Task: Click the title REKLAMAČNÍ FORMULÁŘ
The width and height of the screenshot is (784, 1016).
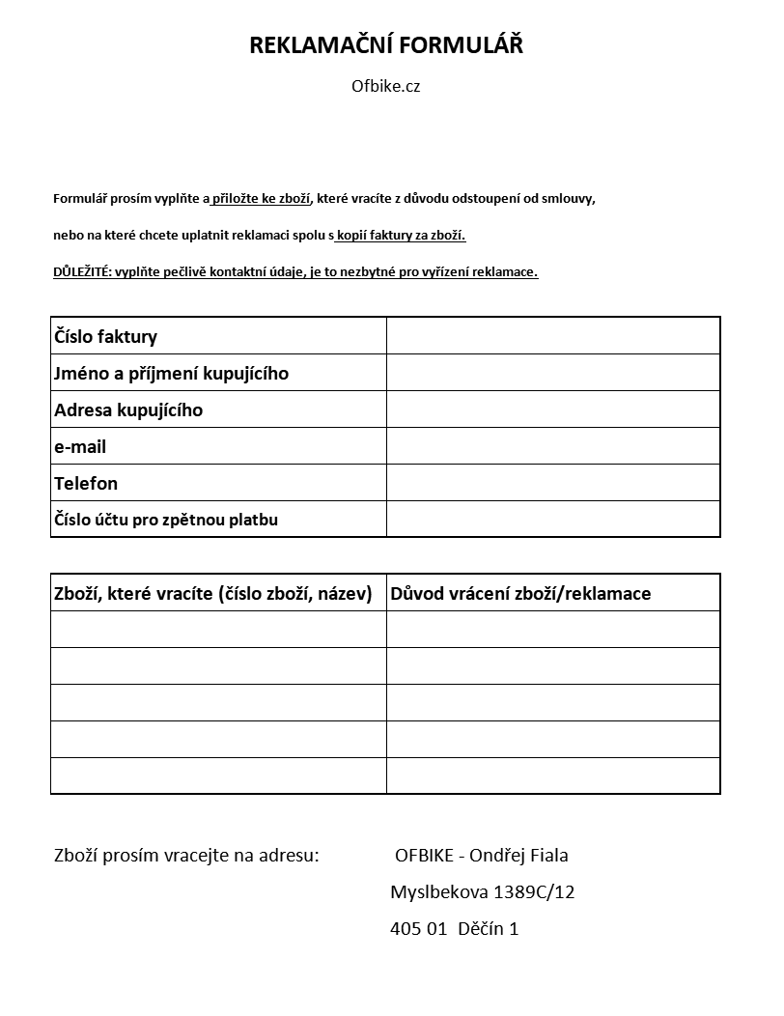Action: (386, 45)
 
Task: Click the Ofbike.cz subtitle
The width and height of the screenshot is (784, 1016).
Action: (386, 86)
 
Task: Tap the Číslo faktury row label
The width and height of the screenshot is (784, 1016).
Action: (106, 336)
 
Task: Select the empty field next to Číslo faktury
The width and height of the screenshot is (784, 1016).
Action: (553, 335)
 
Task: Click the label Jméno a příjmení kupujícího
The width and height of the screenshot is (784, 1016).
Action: (172, 373)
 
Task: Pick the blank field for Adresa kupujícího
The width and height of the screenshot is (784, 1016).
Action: (553, 409)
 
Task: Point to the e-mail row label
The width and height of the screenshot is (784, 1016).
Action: (80, 446)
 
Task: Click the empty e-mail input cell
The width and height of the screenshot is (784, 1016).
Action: (553, 445)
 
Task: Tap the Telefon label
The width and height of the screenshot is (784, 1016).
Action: (86, 483)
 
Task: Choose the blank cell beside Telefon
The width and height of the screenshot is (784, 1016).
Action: (553, 482)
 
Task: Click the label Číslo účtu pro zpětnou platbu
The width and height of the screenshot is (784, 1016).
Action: (166, 520)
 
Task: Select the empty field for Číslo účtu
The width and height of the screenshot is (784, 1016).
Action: (553, 519)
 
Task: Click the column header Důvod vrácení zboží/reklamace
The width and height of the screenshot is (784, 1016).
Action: (520, 593)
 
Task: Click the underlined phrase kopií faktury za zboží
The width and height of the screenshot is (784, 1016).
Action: (401, 236)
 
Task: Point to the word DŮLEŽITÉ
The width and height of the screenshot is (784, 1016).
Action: (81, 272)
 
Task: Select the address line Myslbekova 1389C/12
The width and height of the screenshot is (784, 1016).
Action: (482, 892)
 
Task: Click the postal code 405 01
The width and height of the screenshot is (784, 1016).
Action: (418, 929)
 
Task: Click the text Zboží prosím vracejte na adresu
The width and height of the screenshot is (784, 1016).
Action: (186, 856)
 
